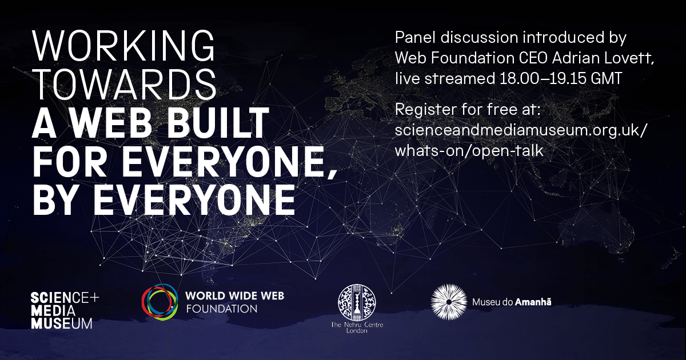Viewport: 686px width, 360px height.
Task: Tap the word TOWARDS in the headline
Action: [x=125, y=85]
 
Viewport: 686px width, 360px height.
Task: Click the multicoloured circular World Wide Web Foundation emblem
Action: [x=160, y=303]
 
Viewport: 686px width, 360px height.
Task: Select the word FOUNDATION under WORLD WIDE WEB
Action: [x=221, y=309]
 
